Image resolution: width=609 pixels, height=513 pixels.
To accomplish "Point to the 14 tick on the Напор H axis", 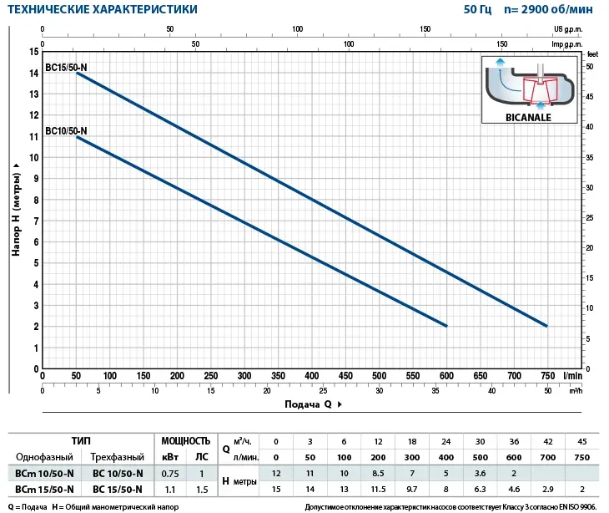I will pyautogui.click(x=34, y=74).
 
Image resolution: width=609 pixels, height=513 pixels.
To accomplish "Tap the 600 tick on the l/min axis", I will pyautogui.click(x=446, y=377).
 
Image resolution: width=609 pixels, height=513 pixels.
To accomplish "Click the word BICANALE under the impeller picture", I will pyautogui.click(x=529, y=118).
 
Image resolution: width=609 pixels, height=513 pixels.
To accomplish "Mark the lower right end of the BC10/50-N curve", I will pyautogui.click(x=446, y=326).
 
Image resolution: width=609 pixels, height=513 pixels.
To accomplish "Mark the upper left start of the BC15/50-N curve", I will pyautogui.click(x=77, y=74).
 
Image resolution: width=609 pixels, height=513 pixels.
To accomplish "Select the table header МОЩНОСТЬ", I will pyautogui.click(x=184, y=440).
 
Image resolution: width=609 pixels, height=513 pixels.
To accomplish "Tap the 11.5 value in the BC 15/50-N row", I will pyautogui.click(x=379, y=490).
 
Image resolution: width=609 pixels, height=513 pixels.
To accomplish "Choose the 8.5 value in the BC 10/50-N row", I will pyautogui.click(x=379, y=473).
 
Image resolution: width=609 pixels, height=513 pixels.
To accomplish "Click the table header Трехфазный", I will pyautogui.click(x=118, y=457).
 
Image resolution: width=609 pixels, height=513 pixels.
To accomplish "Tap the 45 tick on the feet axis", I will pyautogui.click(x=590, y=96).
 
